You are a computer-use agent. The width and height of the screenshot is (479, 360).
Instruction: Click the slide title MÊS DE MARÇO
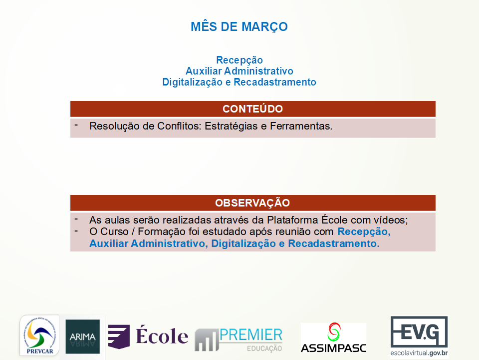(x=239, y=27)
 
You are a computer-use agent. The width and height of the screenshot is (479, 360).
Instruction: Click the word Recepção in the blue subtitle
(x=239, y=60)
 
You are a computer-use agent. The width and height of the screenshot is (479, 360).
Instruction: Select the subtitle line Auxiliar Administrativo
(x=239, y=71)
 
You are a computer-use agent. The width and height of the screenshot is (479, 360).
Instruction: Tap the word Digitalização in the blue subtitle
(x=192, y=82)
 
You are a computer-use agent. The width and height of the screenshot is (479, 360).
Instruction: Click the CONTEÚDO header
(x=252, y=109)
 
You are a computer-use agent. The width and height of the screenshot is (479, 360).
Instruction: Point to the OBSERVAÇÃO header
(x=252, y=202)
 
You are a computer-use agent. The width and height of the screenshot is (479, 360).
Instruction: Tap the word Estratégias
(x=231, y=126)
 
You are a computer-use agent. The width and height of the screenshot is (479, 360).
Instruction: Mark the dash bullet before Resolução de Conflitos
(x=76, y=125)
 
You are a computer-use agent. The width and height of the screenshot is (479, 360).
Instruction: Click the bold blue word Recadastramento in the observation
(x=334, y=243)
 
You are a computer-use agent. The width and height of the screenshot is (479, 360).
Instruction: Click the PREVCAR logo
(x=40, y=335)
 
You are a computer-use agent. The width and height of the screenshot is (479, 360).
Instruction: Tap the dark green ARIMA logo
(x=82, y=336)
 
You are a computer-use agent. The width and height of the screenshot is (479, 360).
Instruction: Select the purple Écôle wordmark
(x=162, y=336)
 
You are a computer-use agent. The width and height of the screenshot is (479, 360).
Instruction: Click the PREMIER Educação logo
(x=239, y=339)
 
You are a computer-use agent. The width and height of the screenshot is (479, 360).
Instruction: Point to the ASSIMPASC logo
(x=334, y=337)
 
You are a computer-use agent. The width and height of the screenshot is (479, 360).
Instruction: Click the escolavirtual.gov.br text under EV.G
(x=419, y=353)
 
